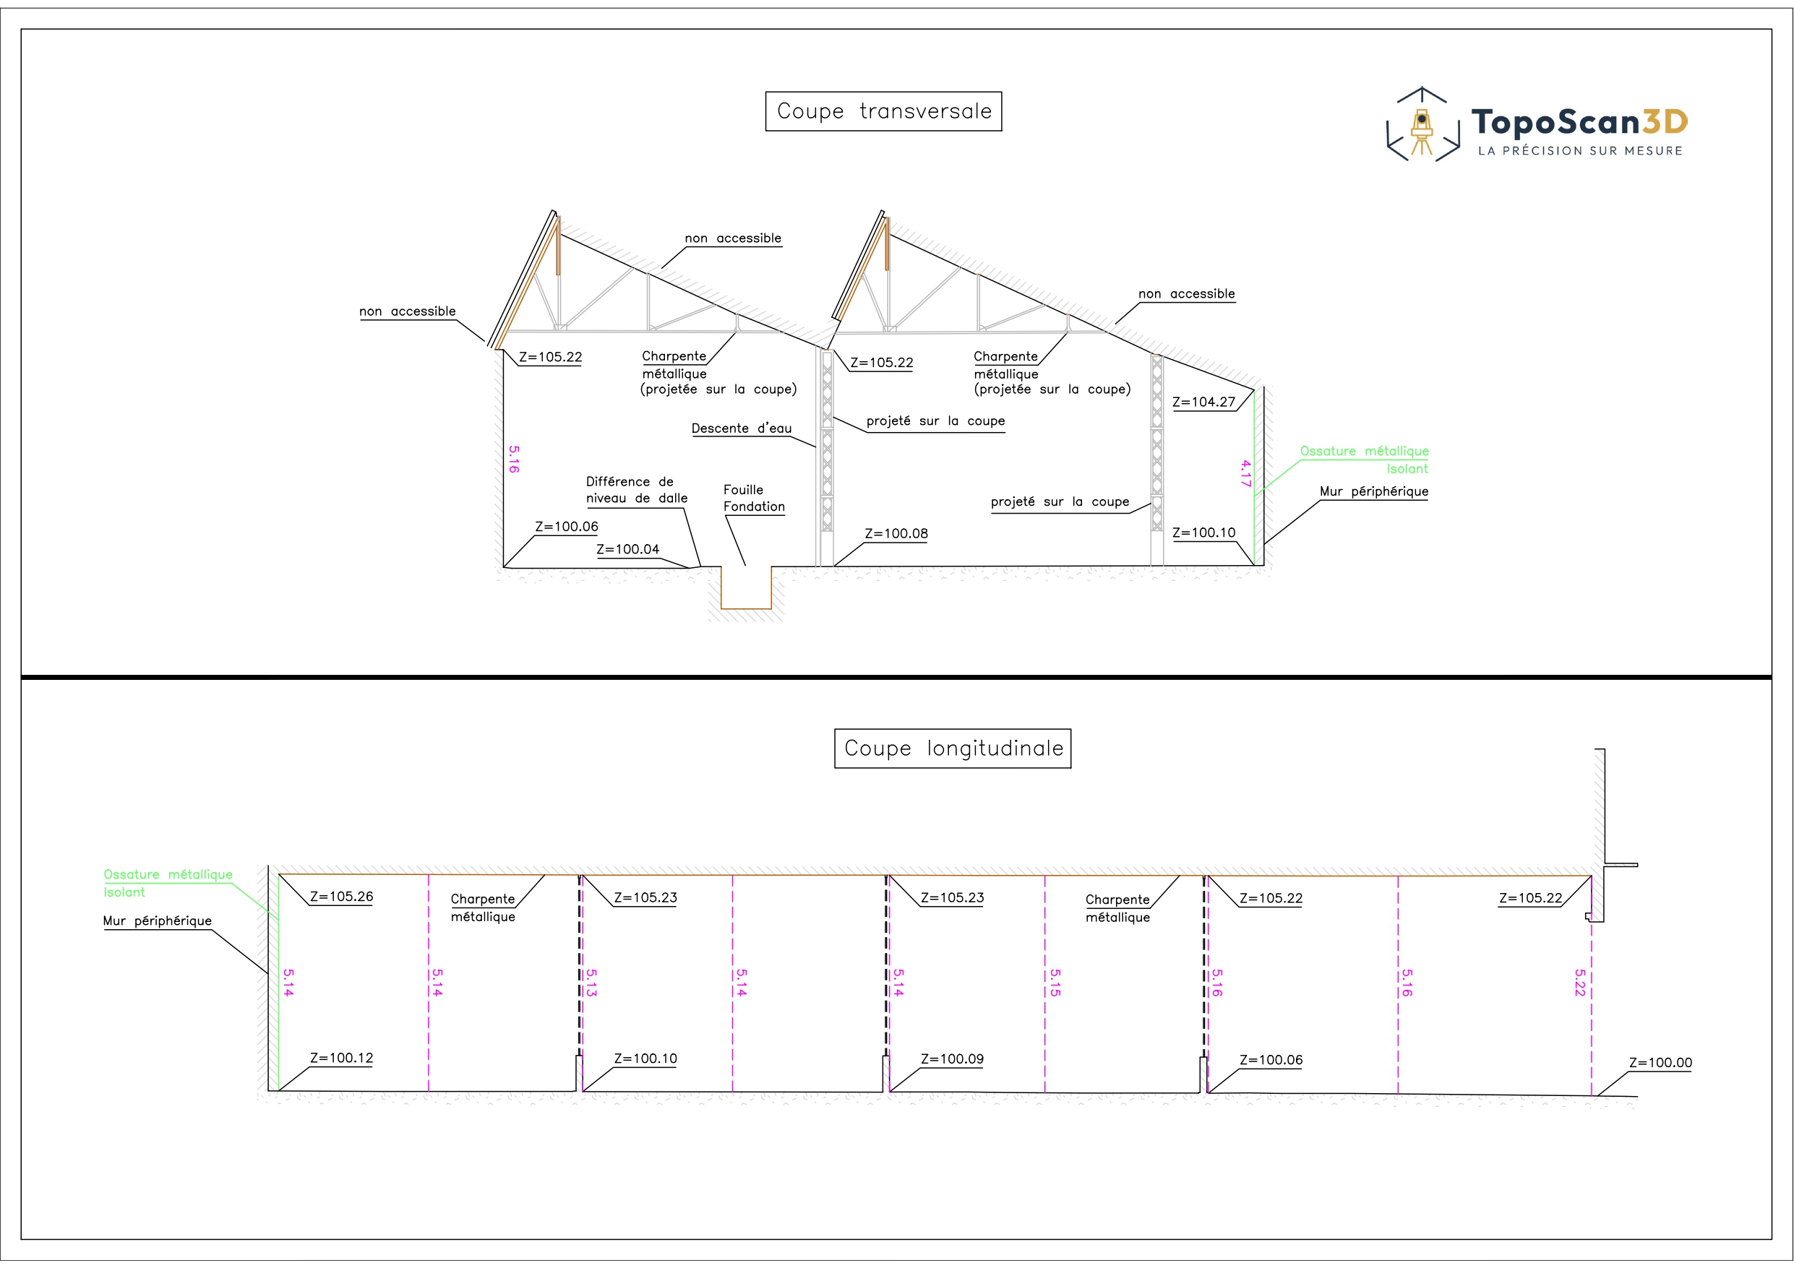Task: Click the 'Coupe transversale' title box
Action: click(x=883, y=112)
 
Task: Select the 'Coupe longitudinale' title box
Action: click(x=953, y=749)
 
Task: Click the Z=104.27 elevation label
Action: click(x=1203, y=402)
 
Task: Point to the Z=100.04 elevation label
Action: click(x=627, y=549)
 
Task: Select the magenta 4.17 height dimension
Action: click(x=1245, y=473)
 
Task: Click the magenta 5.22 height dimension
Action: click(x=1580, y=983)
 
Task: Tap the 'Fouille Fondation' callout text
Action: click(x=753, y=499)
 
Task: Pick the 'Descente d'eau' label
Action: click(x=742, y=428)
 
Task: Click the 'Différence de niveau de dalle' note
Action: click(x=637, y=490)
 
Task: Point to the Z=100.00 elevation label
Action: click(x=1660, y=1063)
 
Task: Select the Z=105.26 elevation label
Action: click(x=341, y=897)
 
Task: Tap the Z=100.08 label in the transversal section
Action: click(x=896, y=534)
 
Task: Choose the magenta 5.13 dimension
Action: click(x=591, y=983)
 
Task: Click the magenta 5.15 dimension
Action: click(x=1055, y=983)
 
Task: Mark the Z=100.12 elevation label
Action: click(x=341, y=1058)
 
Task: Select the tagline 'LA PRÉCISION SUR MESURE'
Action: click(x=1580, y=151)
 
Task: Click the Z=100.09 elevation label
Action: click(x=952, y=1059)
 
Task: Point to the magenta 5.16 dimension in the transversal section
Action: click(x=513, y=460)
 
